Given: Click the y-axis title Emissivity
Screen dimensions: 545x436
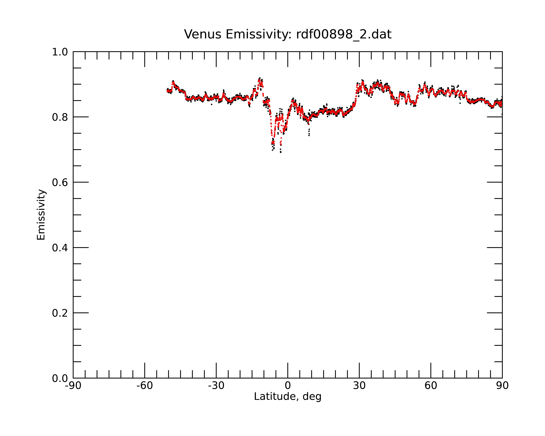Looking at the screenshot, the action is tap(41, 215).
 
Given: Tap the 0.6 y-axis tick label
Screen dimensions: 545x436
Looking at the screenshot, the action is tap(60, 182).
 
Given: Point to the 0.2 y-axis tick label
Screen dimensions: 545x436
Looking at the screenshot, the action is tap(60, 313).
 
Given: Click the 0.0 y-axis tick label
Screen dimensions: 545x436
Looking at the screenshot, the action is tap(60, 378).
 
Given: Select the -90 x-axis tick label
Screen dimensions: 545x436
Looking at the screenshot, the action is tap(73, 386).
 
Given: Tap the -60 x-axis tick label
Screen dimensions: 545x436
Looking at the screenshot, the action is tap(145, 386).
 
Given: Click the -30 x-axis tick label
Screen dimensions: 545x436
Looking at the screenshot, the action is tap(216, 386).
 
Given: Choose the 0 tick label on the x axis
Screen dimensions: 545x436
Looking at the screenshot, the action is tap(288, 386).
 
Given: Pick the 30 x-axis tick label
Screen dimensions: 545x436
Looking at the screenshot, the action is tap(359, 386).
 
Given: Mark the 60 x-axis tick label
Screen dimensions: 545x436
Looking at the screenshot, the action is tap(431, 386).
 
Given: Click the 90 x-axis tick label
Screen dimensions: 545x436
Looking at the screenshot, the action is tap(502, 386).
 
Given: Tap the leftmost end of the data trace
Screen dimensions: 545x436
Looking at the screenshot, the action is tap(167, 90).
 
